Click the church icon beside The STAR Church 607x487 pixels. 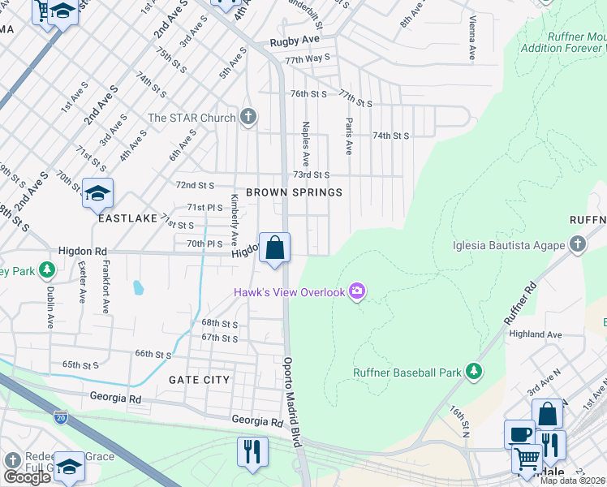click(x=248, y=118)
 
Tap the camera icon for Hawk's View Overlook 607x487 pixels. click(x=356, y=291)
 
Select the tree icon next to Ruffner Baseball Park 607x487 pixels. click(x=474, y=373)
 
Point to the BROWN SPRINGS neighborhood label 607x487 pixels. click(x=294, y=192)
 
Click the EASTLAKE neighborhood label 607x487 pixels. click(x=127, y=218)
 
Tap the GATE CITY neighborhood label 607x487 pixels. click(x=200, y=380)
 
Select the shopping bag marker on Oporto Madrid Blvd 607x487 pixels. click(x=275, y=247)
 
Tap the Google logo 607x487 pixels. click(x=27, y=476)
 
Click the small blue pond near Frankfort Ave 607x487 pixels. click(x=139, y=287)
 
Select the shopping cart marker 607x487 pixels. click(x=527, y=459)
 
